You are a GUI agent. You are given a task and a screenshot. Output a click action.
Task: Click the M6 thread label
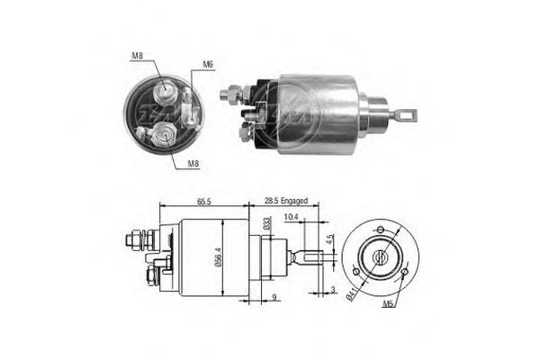(x=208, y=64)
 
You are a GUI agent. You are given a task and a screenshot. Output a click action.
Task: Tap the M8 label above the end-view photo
(x=137, y=56)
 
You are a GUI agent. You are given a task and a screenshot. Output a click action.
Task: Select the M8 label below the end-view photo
(x=193, y=164)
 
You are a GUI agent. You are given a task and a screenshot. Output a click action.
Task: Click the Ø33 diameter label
(x=266, y=225)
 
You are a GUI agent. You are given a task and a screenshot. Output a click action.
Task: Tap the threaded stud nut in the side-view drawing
(x=130, y=240)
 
